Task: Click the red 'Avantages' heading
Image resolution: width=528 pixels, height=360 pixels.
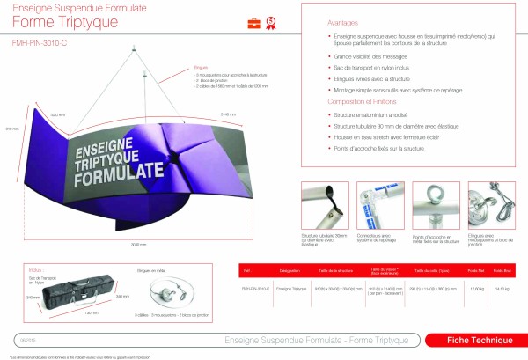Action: click(318, 24)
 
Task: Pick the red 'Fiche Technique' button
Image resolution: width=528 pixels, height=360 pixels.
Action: click(469, 340)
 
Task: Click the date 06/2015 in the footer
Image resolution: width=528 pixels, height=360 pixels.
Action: click(27, 338)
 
